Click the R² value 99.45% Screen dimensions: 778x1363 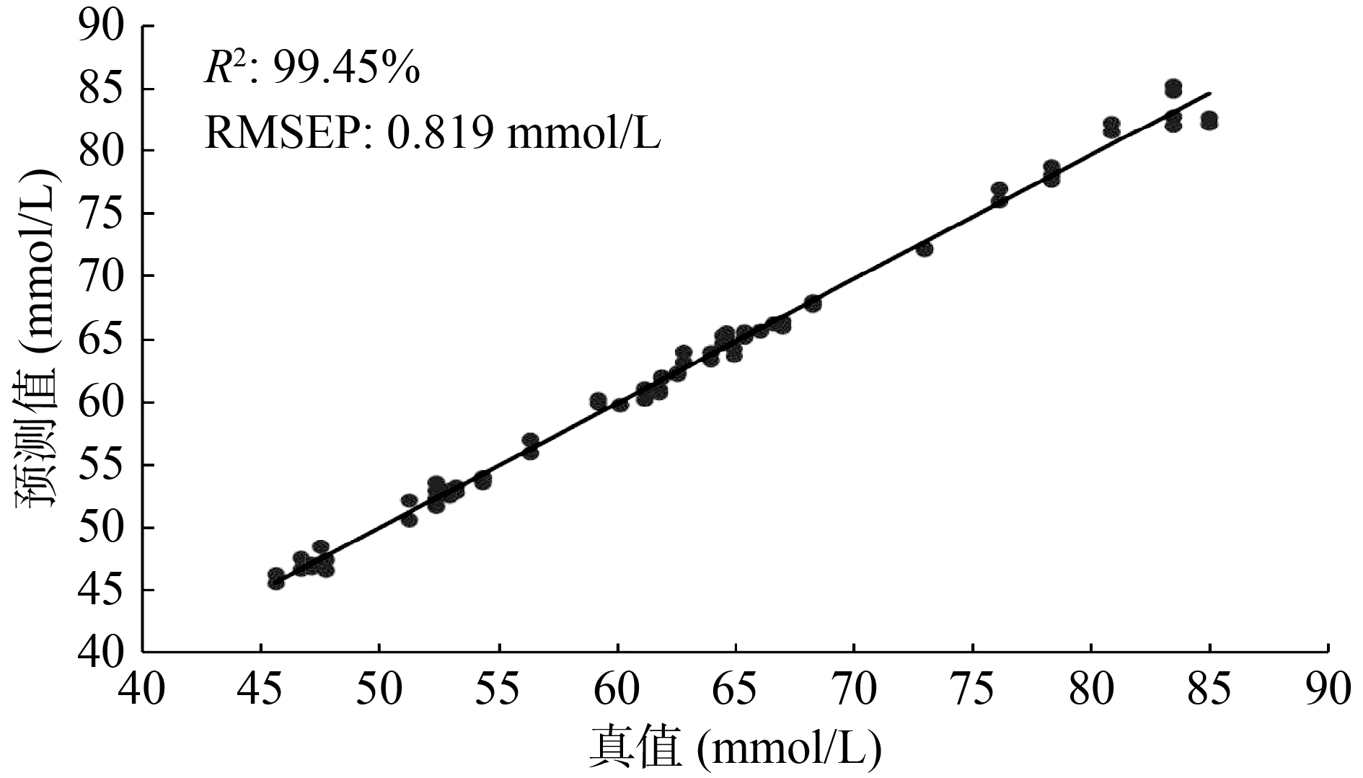(x=312, y=70)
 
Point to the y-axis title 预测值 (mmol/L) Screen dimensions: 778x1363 (x=36, y=340)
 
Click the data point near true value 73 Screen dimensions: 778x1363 (x=925, y=249)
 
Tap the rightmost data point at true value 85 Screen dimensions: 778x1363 (x=1209, y=120)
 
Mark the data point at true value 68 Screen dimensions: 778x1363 (x=813, y=304)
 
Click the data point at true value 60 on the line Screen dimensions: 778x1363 (x=620, y=404)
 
